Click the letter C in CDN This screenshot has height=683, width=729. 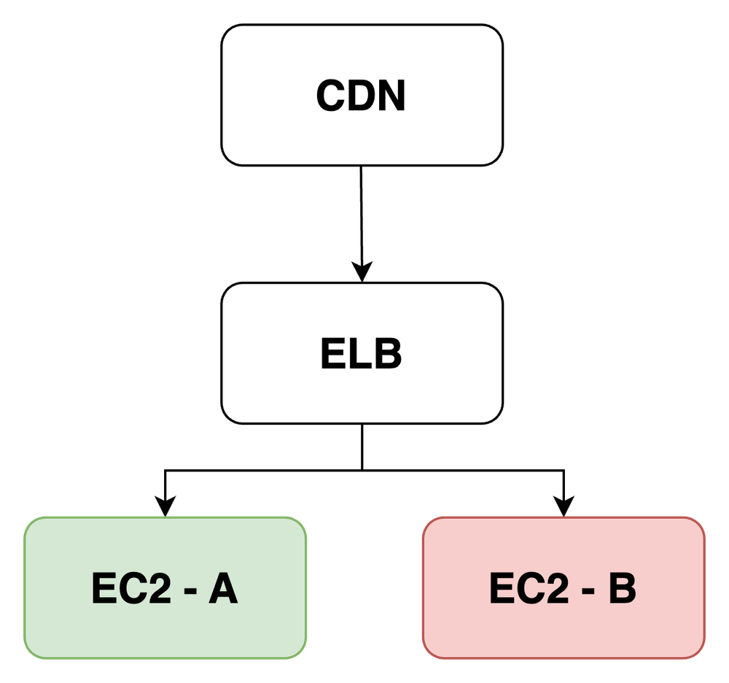click(332, 96)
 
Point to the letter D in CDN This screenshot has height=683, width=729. click(362, 96)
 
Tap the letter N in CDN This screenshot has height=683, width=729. click(391, 96)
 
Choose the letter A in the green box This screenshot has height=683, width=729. click(223, 590)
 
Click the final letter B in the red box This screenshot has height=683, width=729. click(622, 590)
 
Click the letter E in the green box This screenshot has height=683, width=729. click(104, 590)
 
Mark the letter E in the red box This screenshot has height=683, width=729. click(502, 590)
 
